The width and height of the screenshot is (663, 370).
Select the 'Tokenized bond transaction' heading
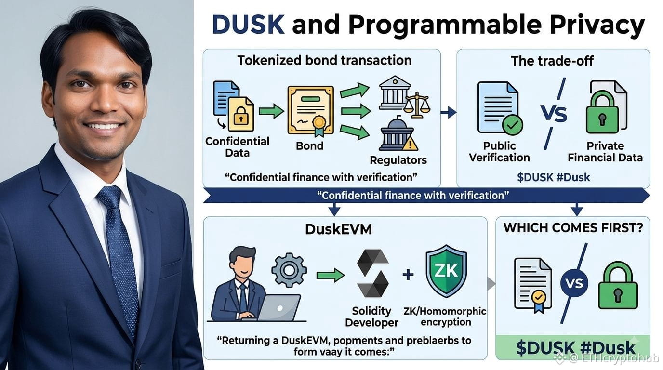coord(324,60)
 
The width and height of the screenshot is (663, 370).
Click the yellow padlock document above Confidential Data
coord(241,114)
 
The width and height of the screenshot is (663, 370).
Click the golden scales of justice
coord(417,105)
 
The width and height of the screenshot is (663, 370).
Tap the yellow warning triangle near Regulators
coord(410,144)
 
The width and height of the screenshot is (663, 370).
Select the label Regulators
coord(398,160)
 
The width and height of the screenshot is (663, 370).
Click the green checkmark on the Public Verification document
coord(512,125)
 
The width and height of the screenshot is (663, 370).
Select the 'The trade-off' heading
coord(552,61)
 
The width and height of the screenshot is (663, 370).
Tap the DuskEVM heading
coord(338,229)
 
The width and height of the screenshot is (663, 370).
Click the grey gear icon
coord(289,270)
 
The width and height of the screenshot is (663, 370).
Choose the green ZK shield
coord(446,271)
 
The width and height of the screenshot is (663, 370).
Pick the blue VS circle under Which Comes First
coord(574,284)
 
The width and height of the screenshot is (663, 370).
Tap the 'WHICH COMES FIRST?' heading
coord(573,227)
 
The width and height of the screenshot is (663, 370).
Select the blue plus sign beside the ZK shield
coord(408,275)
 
